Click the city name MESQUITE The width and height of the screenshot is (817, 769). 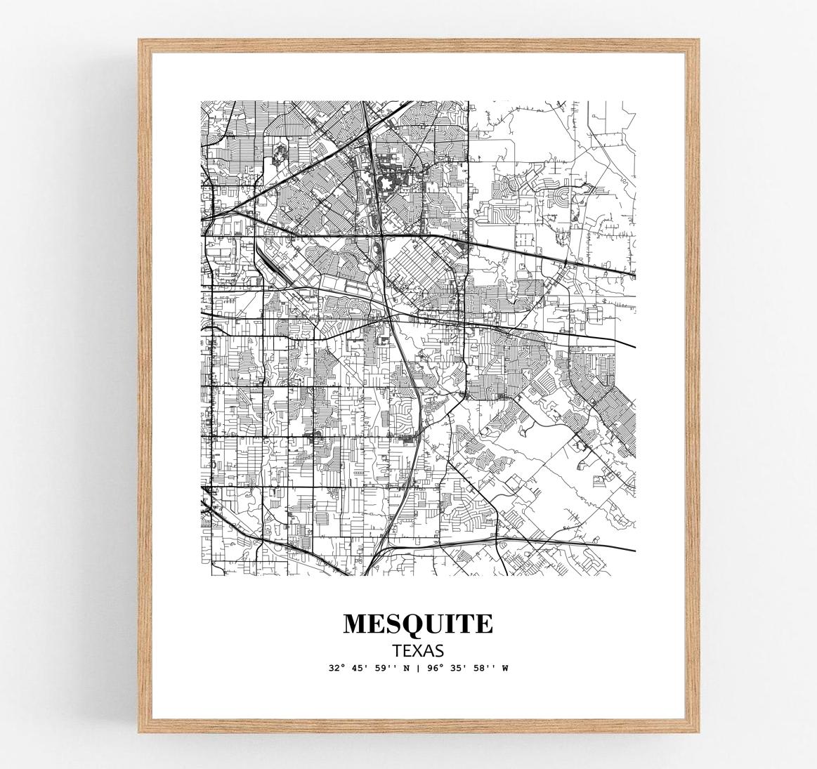(x=418, y=624)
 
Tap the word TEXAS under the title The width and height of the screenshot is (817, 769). (x=418, y=650)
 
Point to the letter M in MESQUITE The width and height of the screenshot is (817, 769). (x=355, y=624)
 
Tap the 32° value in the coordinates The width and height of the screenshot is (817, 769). (x=336, y=668)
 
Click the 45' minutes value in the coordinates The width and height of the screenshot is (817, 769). (x=359, y=668)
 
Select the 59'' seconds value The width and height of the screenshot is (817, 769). (x=384, y=668)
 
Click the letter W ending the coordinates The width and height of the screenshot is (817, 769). (x=504, y=668)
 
